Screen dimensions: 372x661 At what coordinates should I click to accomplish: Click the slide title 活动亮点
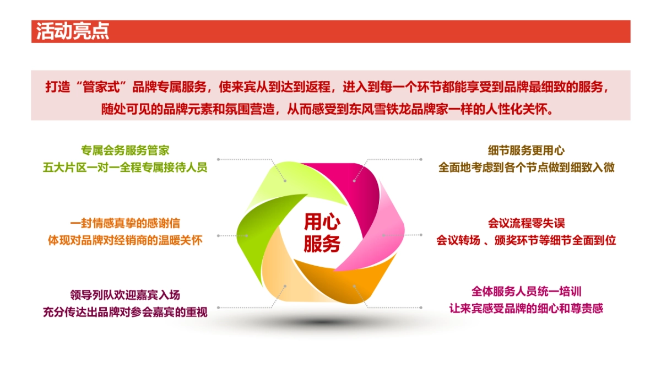(x=73, y=31)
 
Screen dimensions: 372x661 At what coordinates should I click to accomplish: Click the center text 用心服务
(x=322, y=233)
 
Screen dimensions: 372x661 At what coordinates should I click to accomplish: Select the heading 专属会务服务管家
(x=125, y=150)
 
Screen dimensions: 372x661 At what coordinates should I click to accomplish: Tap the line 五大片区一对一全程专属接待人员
(x=125, y=168)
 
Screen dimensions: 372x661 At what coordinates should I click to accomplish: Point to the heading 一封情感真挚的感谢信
(x=125, y=224)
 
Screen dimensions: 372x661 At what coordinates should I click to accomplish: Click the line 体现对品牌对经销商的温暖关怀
(x=125, y=240)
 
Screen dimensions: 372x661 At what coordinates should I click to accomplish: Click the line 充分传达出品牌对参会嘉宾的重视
(x=125, y=312)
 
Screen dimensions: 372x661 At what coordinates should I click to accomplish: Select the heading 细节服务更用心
(x=526, y=150)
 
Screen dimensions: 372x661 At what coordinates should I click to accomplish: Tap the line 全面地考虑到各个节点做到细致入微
(x=526, y=168)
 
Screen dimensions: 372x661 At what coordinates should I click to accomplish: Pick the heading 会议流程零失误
(x=526, y=224)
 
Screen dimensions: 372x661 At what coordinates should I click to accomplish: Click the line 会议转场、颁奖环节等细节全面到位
(x=526, y=240)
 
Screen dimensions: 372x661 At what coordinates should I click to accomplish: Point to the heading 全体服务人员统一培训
(x=526, y=291)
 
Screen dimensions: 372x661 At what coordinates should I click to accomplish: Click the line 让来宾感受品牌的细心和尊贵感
(x=526, y=308)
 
